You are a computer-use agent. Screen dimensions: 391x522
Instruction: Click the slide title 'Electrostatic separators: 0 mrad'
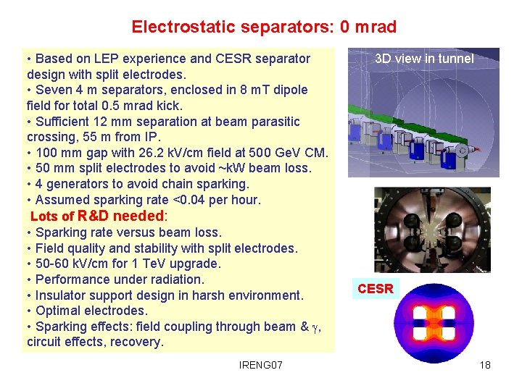tap(264, 28)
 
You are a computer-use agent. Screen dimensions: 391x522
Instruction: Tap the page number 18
tap(485, 364)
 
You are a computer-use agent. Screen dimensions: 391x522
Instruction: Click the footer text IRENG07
tap(260, 364)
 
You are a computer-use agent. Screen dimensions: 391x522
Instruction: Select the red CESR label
tap(376, 289)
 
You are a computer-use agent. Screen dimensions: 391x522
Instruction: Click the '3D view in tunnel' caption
tap(424, 59)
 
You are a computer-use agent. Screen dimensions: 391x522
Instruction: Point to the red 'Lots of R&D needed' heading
tap(99, 216)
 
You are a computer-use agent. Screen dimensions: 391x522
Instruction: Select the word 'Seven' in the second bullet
tap(52, 90)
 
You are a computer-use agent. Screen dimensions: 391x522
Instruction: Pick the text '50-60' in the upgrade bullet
tap(51, 264)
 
